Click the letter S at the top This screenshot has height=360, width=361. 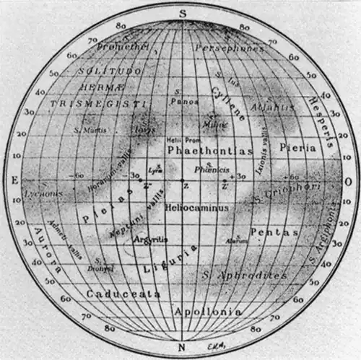coord(182,12)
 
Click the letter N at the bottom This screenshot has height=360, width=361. coord(182,348)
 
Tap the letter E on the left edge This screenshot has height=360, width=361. coord(13,180)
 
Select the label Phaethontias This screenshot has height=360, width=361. coord(210,151)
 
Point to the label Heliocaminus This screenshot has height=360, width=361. coord(197,207)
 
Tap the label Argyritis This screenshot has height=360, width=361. coord(152,238)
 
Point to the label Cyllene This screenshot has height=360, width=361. coord(228,103)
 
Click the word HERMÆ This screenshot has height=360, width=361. coord(102,88)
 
